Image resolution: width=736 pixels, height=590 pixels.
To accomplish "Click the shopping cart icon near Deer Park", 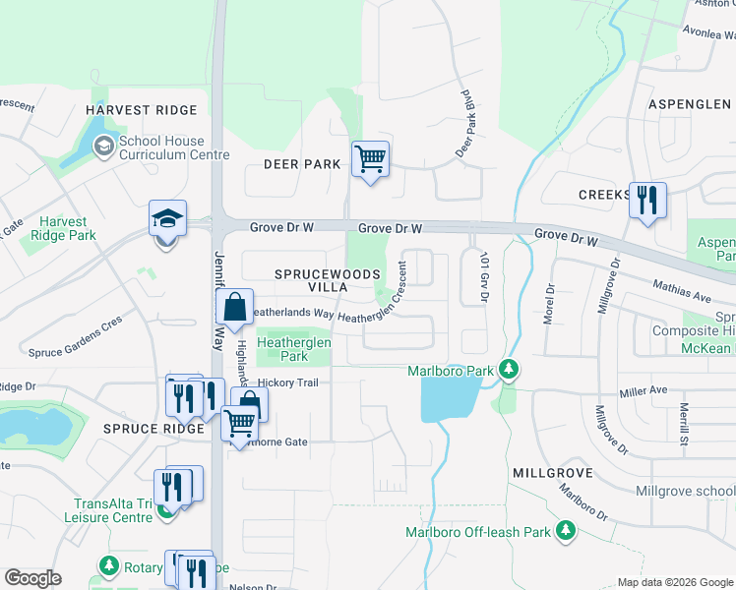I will point(370,158).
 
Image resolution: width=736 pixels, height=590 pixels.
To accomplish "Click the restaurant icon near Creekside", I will point(647,201).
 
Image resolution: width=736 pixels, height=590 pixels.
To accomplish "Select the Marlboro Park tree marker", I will point(508,371).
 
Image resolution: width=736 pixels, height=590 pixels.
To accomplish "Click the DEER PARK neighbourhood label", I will point(301,164).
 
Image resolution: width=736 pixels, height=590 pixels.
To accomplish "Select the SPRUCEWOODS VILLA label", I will point(311,279).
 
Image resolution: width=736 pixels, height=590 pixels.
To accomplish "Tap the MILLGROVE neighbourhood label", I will point(551,473).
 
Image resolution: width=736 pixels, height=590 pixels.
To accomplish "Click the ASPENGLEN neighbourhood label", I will point(689,104).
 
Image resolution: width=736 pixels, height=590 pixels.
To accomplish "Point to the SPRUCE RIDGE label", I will point(145,429).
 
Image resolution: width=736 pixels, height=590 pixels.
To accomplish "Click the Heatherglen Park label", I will point(295,349).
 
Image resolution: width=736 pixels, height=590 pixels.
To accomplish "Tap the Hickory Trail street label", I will point(289,383).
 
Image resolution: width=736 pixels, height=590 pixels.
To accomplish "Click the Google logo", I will point(33,578).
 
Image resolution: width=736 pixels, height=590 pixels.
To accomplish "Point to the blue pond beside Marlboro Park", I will point(449,397).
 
